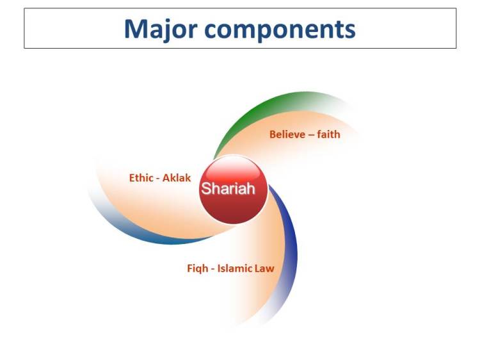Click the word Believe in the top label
pyautogui.click(x=287, y=135)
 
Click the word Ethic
pyautogui.click(x=141, y=178)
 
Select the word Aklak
pyautogui.click(x=177, y=178)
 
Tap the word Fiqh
pyautogui.click(x=197, y=268)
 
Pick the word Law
pyautogui.click(x=266, y=268)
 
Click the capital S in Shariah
pyautogui.click(x=206, y=189)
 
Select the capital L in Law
pyautogui.click(x=259, y=268)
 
